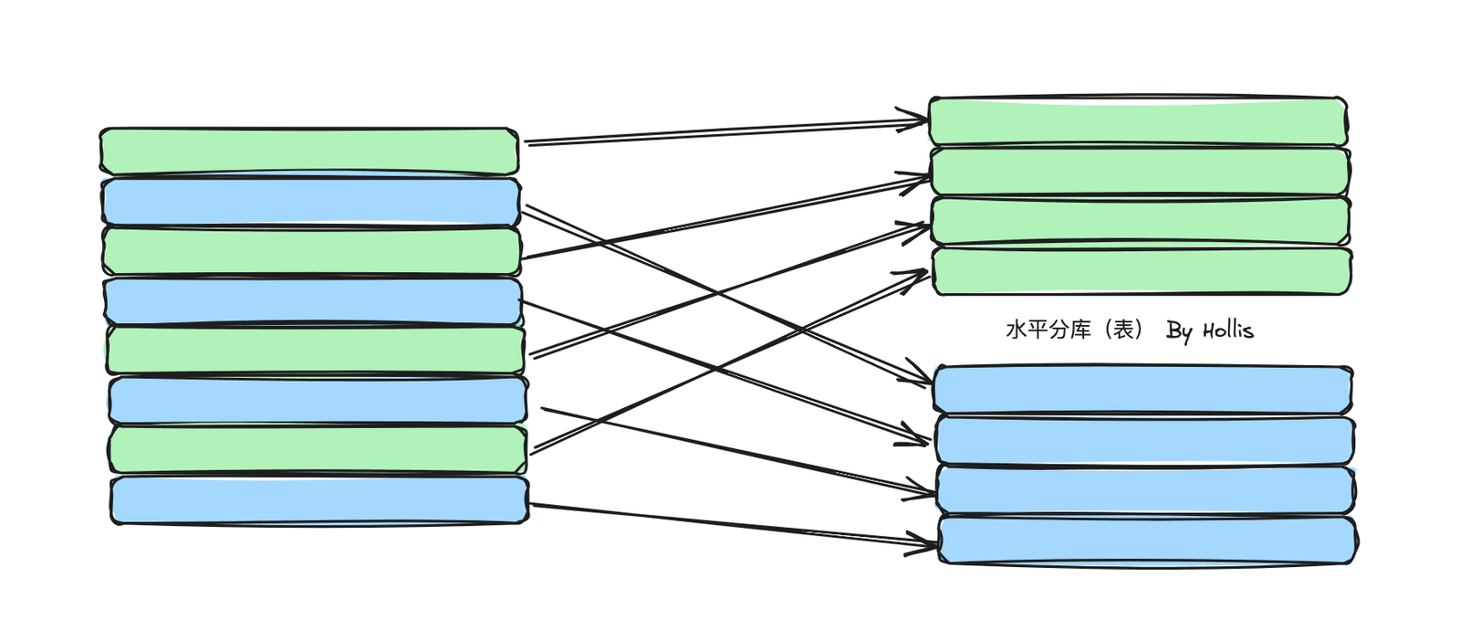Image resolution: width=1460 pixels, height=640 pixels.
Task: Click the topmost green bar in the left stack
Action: pyautogui.click(x=309, y=152)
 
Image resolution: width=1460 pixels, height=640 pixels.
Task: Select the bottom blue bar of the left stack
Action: pyautogui.click(x=319, y=500)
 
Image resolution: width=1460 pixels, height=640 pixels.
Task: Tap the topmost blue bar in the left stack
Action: pyautogui.click(x=311, y=202)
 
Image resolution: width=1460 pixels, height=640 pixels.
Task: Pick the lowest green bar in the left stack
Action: pyautogui.click(x=318, y=449)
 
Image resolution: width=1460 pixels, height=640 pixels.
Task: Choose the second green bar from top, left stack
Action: pyautogui.click(x=311, y=251)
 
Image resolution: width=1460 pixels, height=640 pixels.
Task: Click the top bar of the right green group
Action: pyautogui.click(x=1138, y=121)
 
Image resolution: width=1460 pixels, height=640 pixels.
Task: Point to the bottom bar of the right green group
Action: pyautogui.click(x=1142, y=271)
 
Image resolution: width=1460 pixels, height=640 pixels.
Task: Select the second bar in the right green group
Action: pyautogui.click(x=1140, y=172)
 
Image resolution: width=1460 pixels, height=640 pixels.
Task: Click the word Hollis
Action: pyautogui.click(x=1228, y=330)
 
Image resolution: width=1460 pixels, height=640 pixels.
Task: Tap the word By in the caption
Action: pyautogui.click(x=1179, y=331)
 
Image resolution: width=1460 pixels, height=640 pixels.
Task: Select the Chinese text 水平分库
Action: pyautogui.click(x=1048, y=330)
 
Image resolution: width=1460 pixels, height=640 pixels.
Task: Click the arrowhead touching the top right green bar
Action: pyautogui.click(x=913, y=120)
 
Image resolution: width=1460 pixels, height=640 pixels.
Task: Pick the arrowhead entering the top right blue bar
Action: pyautogui.click(x=918, y=376)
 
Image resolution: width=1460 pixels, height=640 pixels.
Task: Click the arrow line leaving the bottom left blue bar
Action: pyautogui.click(x=734, y=523)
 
